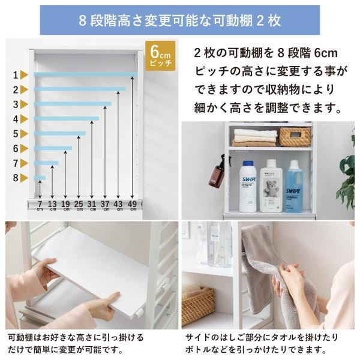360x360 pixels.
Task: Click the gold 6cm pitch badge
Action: tap(160, 56)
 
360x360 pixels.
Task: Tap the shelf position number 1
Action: tap(16, 75)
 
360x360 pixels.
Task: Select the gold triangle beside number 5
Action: tap(24, 134)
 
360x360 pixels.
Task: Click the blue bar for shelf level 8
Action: tap(40, 178)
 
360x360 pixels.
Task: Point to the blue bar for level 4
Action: tap(67, 119)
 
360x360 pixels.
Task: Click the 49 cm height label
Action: tap(132, 205)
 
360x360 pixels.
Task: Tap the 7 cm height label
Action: tap(40, 205)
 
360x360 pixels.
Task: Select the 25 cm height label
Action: tap(79, 205)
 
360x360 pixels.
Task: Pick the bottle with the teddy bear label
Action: tap(271, 185)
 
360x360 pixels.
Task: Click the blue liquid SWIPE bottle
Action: tap(295, 187)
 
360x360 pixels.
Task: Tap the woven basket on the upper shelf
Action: tap(295, 137)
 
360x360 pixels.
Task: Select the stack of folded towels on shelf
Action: tap(255, 138)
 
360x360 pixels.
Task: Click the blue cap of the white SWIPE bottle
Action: tap(248, 163)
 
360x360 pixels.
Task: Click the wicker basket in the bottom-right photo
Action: tap(198, 303)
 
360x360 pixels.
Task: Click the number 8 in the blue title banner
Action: tap(82, 20)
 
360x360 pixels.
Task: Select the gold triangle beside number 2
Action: tap(24, 89)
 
